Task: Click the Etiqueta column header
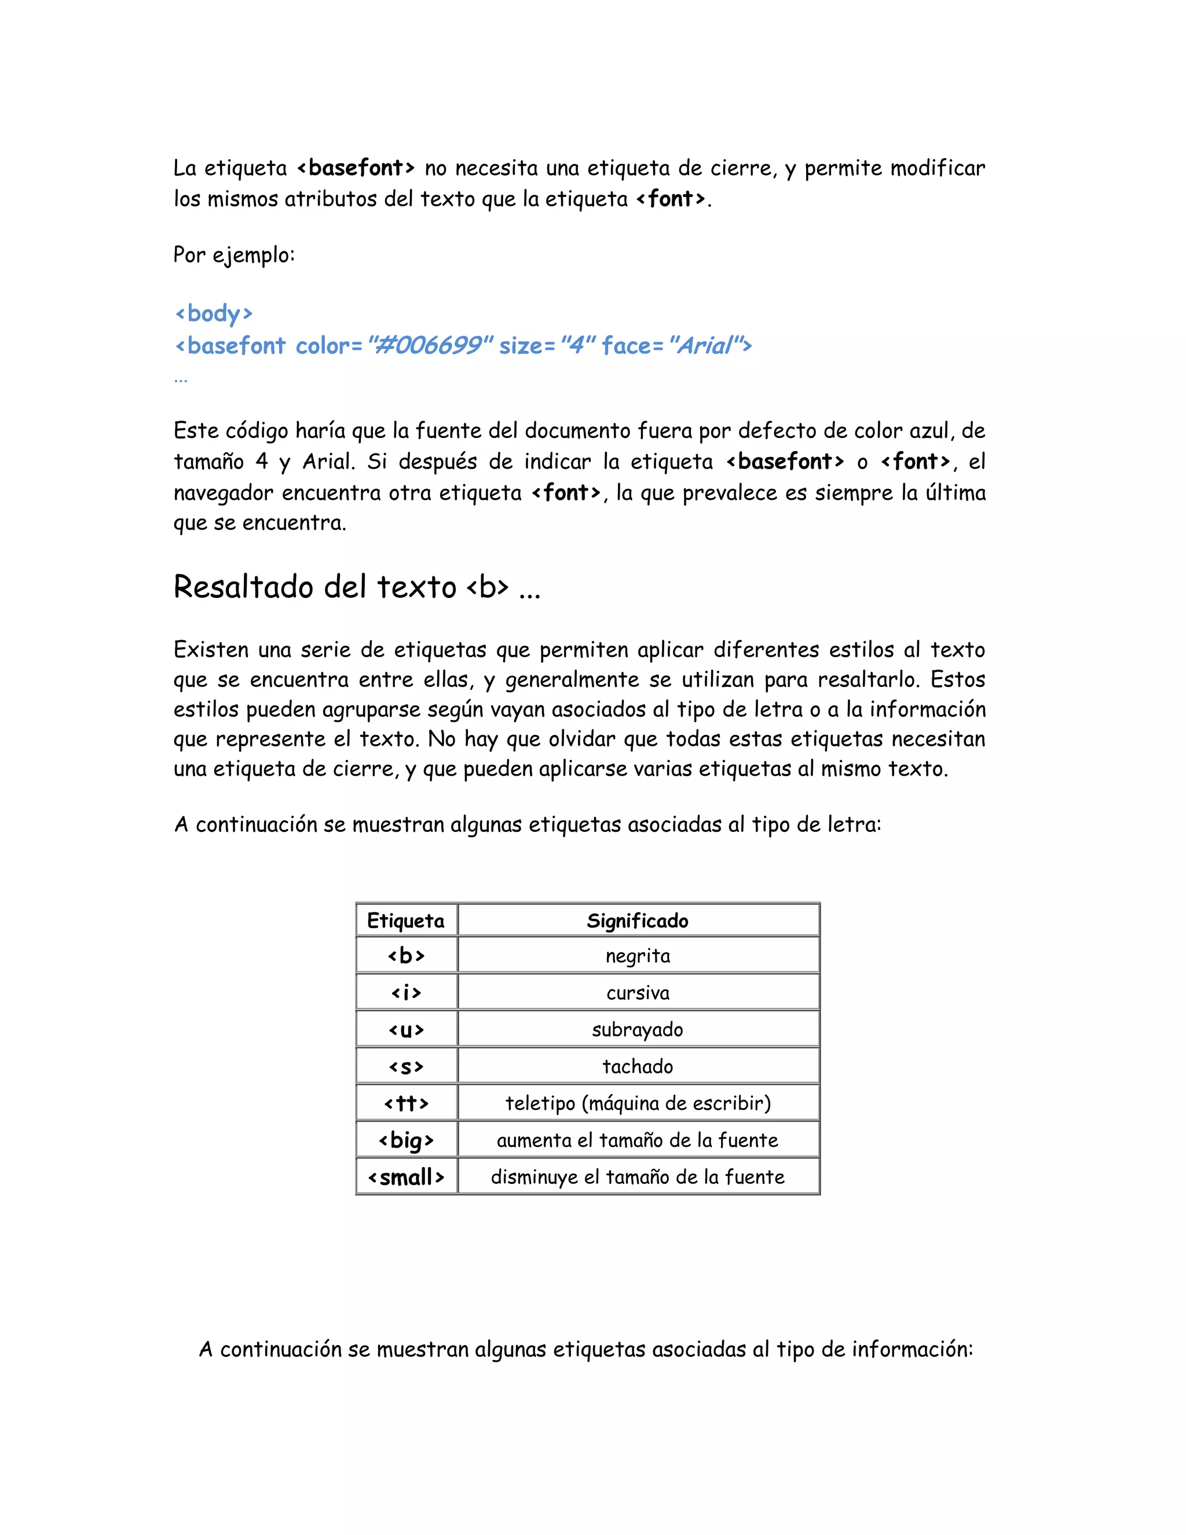(x=405, y=921)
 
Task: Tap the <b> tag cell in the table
(x=406, y=956)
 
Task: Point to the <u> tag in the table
(x=406, y=1030)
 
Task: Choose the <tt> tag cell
(x=406, y=1103)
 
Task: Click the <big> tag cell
(x=406, y=1141)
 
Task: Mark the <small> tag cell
(x=406, y=1177)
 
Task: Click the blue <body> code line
(x=214, y=313)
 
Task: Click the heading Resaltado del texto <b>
(x=357, y=587)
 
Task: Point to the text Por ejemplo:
(x=234, y=255)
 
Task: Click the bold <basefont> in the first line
(x=356, y=169)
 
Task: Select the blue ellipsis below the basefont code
(x=181, y=379)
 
